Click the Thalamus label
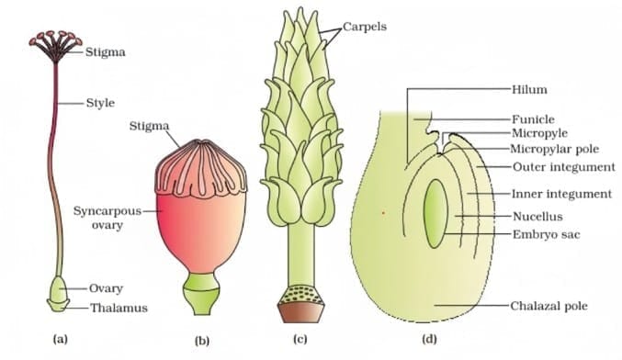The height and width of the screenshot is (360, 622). [119, 308]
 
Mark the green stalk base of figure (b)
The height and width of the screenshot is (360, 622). [200, 294]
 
